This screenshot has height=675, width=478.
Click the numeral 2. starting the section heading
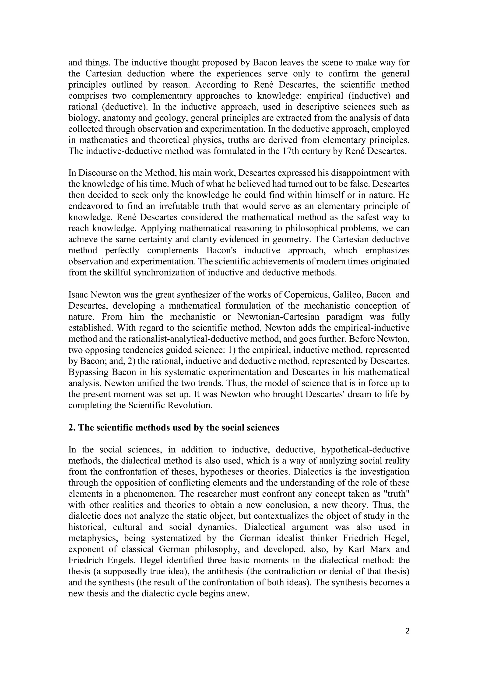tap(72, 427)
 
